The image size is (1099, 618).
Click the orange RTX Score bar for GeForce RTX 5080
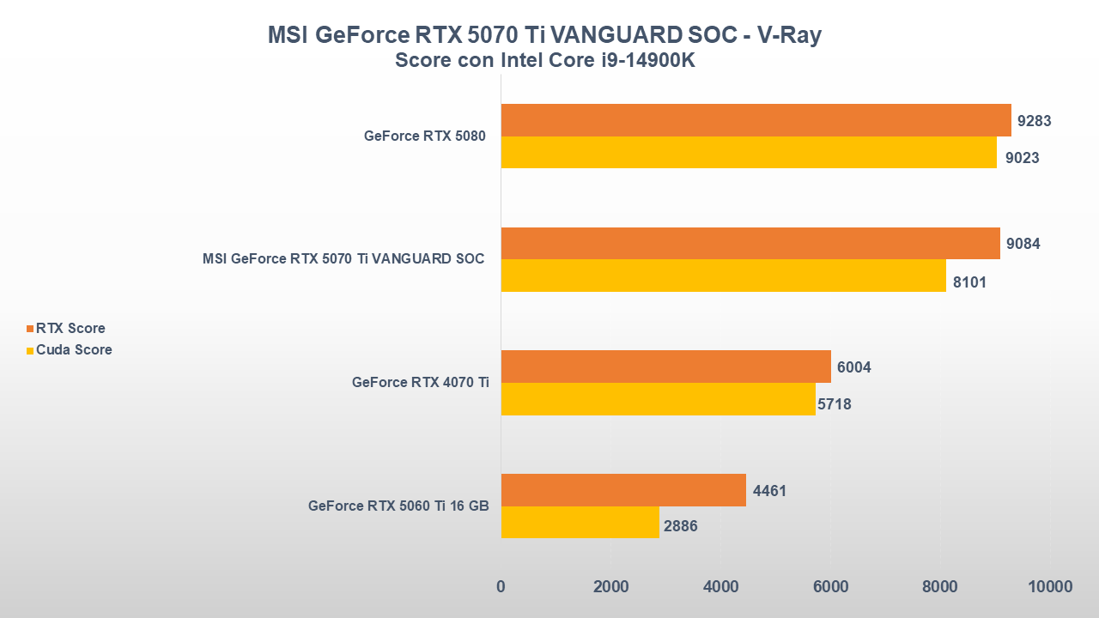click(x=756, y=120)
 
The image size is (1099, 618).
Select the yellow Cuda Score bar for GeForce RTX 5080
click(x=749, y=153)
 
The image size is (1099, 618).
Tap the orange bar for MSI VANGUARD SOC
click(x=750, y=244)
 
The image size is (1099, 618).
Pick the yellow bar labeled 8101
click(x=723, y=276)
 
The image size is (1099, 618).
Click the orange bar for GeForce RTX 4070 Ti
click(x=665, y=367)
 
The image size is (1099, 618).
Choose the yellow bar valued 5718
click(x=658, y=399)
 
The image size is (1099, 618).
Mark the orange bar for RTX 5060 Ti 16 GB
click(x=623, y=490)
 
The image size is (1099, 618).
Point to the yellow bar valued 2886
click(x=580, y=523)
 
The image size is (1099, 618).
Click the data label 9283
click(x=1034, y=121)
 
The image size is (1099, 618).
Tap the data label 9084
click(x=1023, y=245)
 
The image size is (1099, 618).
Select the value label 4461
click(x=769, y=491)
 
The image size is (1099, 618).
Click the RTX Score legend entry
click(x=70, y=329)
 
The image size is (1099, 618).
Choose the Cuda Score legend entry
click(x=73, y=350)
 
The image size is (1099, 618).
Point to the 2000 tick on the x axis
click(x=610, y=587)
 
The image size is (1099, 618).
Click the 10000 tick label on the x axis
click(x=1049, y=587)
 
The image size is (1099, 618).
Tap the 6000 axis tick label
click(x=830, y=587)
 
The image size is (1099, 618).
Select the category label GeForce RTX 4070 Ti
click(x=420, y=383)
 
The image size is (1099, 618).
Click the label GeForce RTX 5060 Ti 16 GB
click(x=398, y=506)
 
